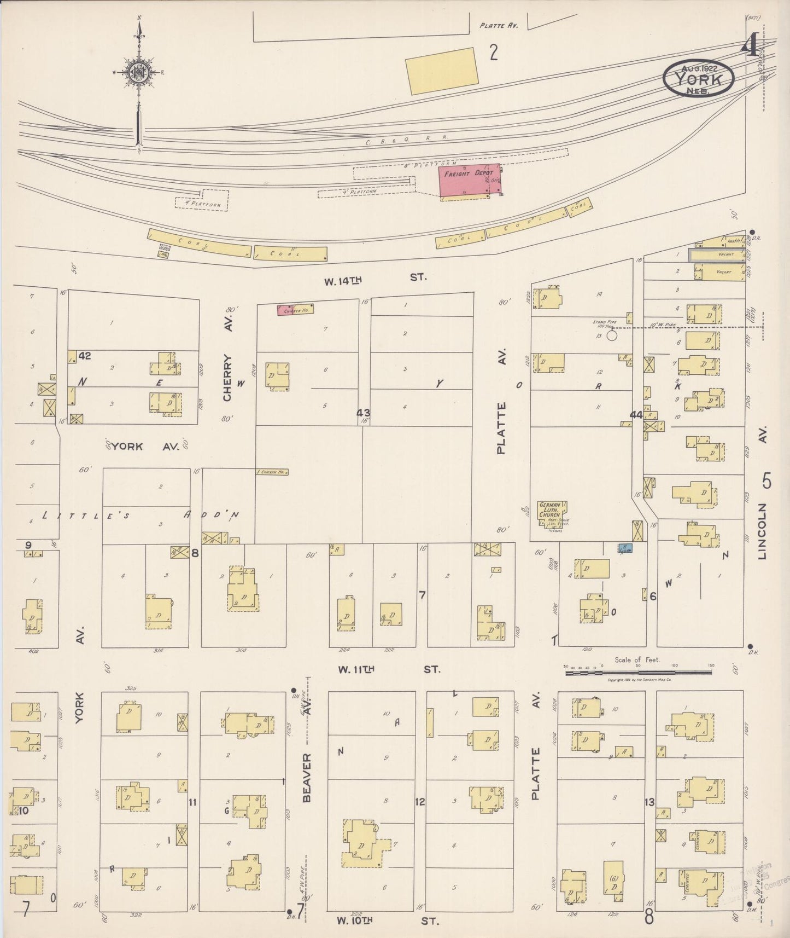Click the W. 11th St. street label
point(389,669)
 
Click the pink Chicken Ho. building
point(295,310)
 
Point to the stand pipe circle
point(612,334)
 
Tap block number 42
point(85,356)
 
